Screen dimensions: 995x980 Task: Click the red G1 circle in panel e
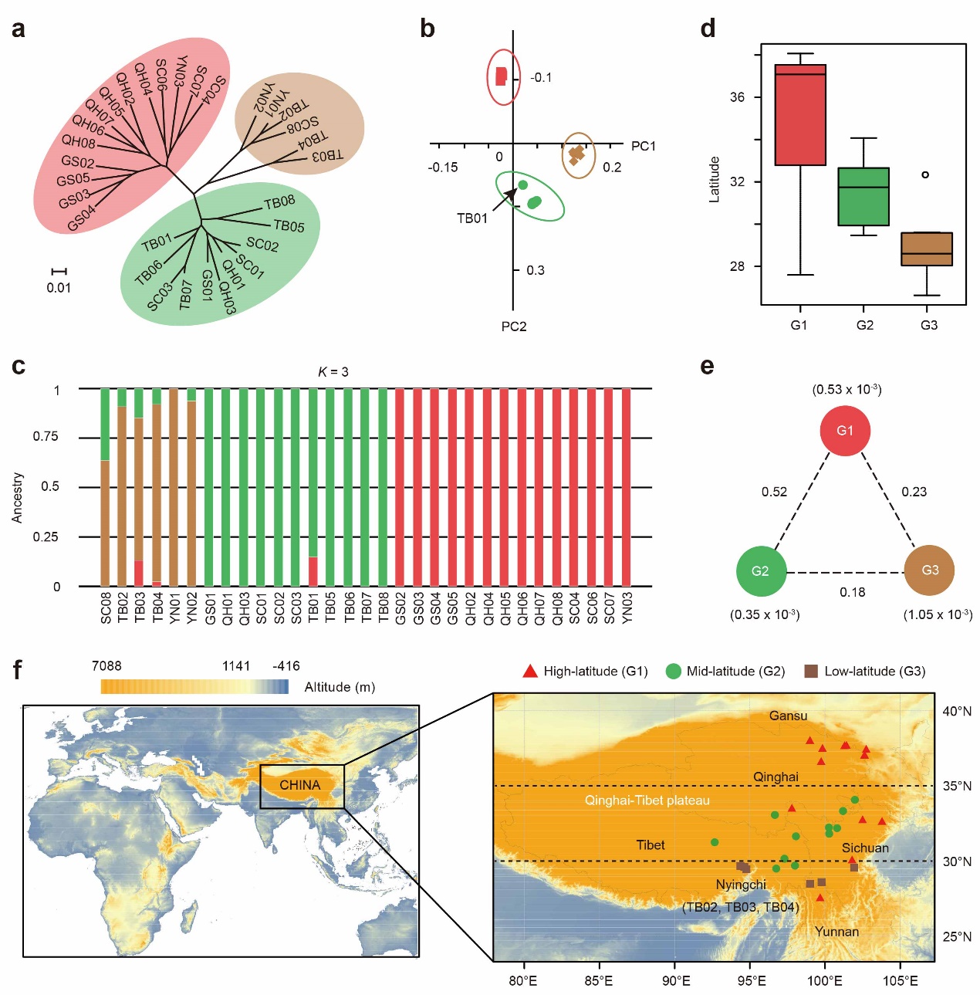[845, 430]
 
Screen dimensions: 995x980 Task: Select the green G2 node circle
[761, 571]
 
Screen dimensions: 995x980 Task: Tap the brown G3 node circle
[930, 570]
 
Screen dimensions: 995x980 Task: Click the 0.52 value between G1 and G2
[774, 492]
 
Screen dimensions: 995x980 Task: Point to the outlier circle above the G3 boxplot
[925, 174]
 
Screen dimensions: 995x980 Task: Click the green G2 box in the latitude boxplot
[863, 196]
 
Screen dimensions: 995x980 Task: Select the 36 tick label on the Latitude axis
[738, 97]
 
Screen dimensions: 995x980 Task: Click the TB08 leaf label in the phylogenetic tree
[279, 202]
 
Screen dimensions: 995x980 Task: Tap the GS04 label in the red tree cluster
[81, 218]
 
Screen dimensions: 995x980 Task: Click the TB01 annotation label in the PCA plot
[472, 218]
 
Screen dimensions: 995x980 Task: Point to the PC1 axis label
[643, 146]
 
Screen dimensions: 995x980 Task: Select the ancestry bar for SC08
[106, 487]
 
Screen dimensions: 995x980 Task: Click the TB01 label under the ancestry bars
[313, 607]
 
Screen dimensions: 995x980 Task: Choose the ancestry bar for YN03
[626, 487]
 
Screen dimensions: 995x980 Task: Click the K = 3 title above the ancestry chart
[333, 372]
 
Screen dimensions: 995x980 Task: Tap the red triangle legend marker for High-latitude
[529, 672]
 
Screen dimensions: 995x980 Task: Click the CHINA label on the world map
[299, 785]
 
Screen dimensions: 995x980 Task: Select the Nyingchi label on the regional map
[741, 885]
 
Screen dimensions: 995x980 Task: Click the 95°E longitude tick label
[751, 981]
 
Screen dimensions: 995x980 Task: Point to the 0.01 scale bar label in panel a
[59, 288]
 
